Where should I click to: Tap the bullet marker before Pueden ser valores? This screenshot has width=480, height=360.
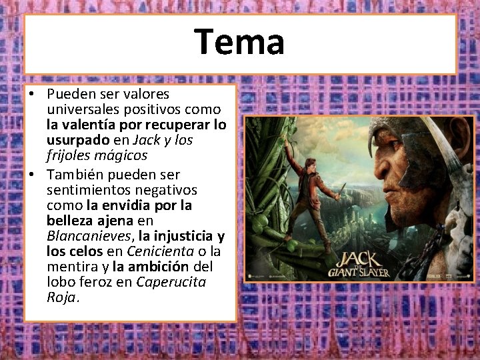(32, 95)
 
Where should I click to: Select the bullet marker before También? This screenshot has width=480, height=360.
(32, 175)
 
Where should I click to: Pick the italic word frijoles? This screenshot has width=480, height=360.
(71, 155)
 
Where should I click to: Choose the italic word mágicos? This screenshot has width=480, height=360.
(121, 155)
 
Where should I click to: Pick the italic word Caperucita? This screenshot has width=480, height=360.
(171, 282)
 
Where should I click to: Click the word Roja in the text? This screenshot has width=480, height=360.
(63, 297)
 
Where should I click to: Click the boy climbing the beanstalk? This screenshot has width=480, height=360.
(312, 193)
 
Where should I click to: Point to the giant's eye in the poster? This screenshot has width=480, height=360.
(413, 156)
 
